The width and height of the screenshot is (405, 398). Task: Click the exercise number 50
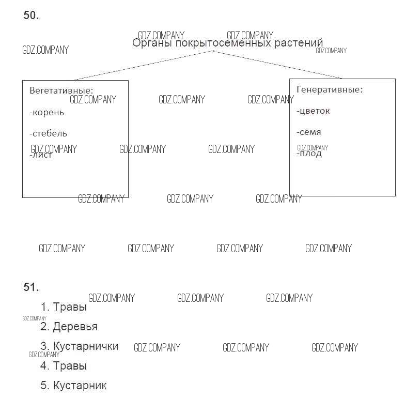[x=31, y=16]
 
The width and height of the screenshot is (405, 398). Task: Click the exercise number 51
[x=31, y=287]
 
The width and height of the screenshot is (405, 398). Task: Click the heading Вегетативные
[x=61, y=90]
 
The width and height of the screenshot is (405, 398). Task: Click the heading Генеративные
[x=330, y=89]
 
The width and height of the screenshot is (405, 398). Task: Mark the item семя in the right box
[x=309, y=132]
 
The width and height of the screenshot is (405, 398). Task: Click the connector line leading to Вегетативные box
[x=139, y=66]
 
